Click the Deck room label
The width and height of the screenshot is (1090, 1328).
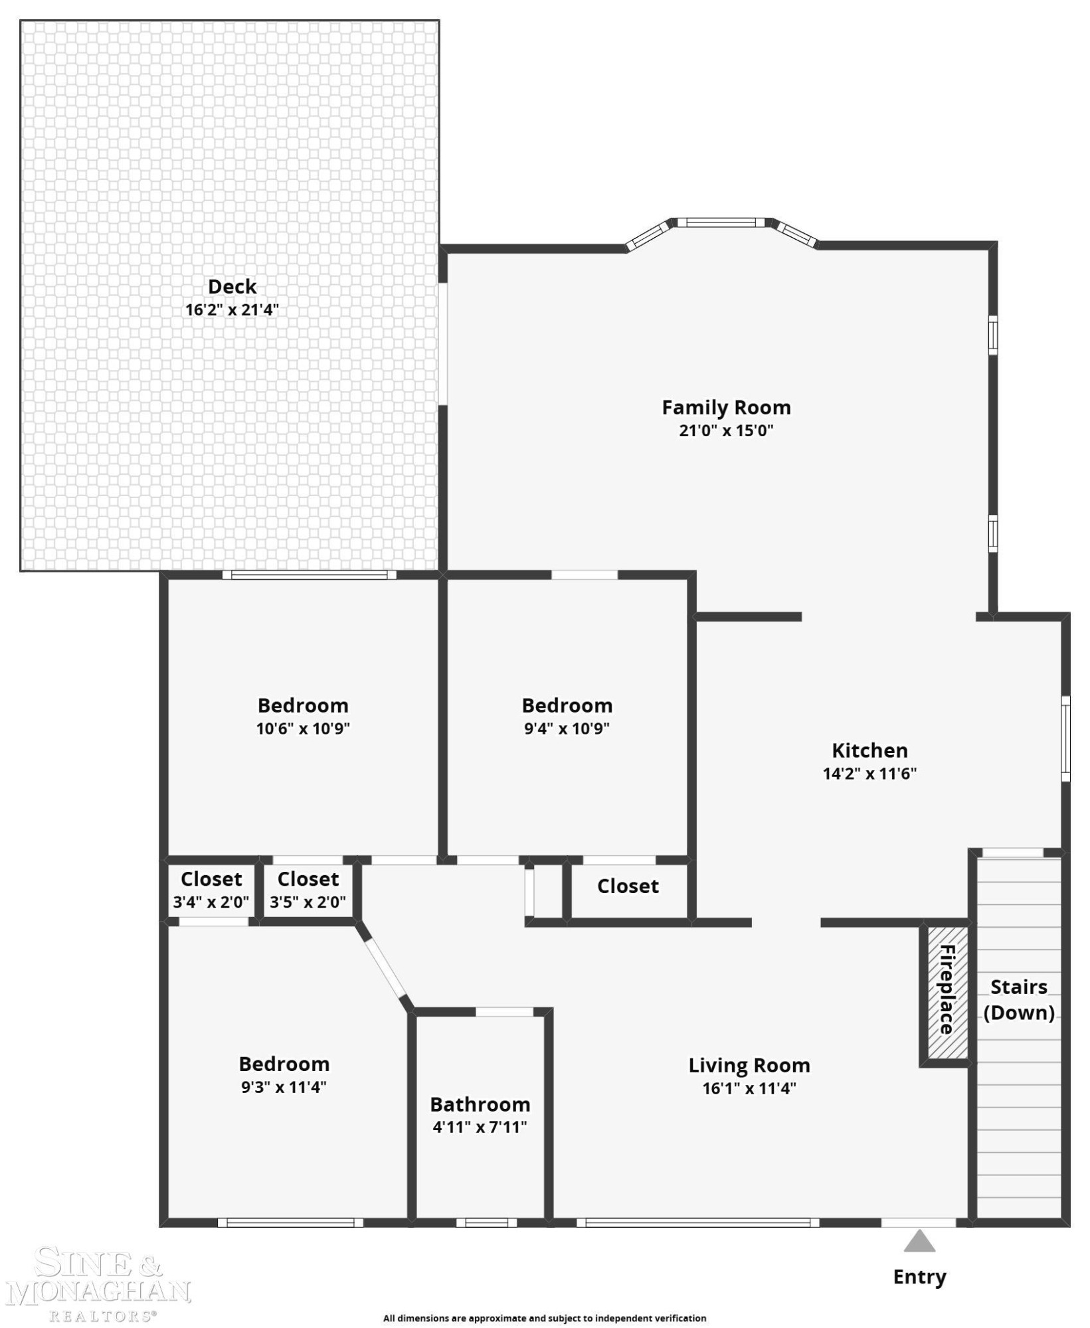232,286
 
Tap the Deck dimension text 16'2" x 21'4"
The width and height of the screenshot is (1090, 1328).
232,309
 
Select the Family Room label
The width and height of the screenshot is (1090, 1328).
726,407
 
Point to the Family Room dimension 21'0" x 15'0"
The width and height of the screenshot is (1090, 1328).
726,430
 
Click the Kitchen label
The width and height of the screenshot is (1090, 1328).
869,750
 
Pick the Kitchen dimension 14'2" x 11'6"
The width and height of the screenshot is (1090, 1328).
869,774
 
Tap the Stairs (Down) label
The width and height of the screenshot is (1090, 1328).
1019,999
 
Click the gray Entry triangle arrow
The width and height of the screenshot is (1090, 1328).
919,1241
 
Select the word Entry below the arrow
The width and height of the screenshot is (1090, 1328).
919,1277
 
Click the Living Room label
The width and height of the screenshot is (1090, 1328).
749,1066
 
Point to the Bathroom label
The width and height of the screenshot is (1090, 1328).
480,1104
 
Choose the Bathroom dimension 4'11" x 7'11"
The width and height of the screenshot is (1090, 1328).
480,1127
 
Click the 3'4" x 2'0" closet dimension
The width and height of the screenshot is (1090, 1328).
211,902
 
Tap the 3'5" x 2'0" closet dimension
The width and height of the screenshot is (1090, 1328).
308,902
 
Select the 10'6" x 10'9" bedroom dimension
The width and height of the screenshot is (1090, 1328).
303,728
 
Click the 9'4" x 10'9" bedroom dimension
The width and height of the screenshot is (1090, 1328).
567,728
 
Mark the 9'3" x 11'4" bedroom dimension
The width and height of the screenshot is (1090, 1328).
284,1087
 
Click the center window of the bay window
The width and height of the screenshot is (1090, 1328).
721,222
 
